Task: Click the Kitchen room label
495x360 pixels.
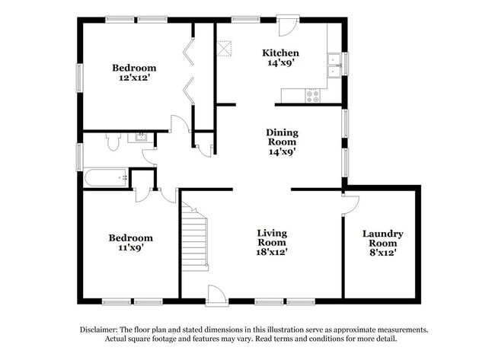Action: click(280, 53)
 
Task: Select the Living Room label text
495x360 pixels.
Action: click(271, 237)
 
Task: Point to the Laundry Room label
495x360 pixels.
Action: click(382, 238)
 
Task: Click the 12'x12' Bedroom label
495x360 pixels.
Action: click(134, 68)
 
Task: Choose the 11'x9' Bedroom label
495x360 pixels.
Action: click(131, 237)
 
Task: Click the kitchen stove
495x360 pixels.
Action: click(312, 96)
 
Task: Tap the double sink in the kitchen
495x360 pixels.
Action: click(334, 66)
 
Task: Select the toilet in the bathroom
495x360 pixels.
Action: click(113, 141)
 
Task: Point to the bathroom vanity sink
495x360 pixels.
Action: click(141, 138)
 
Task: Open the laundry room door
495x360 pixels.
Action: click(350, 203)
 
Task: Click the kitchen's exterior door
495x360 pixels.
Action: click(288, 26)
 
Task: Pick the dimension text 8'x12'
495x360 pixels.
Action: click(382, 251)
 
